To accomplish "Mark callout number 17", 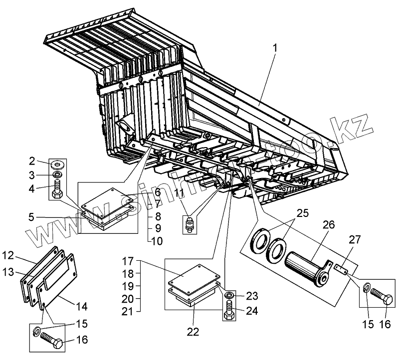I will tap(129, 260).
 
